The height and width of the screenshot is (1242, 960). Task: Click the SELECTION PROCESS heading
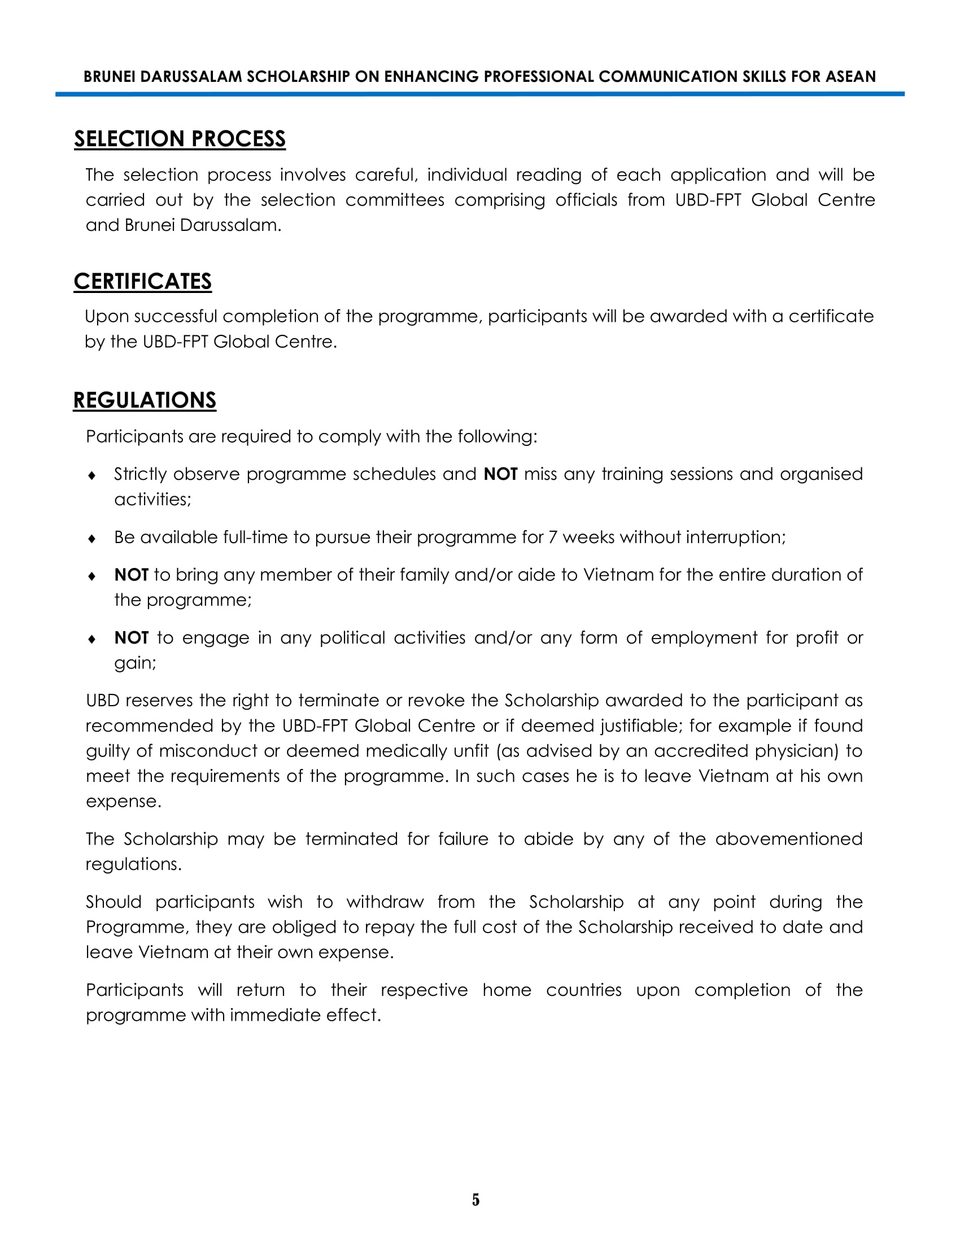[180, 139]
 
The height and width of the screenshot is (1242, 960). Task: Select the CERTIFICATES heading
[143, 282]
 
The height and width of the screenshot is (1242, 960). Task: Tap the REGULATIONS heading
[145, 400]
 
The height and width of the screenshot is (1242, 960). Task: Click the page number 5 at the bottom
[476, 1200]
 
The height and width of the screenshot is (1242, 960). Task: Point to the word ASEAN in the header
[850, 77]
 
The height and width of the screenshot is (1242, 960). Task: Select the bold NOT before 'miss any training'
[500, 474]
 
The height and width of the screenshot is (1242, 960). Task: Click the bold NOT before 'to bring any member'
[132, 575]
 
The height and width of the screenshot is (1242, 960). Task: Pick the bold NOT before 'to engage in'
[132, 638]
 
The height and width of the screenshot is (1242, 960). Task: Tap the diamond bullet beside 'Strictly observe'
[92, 475]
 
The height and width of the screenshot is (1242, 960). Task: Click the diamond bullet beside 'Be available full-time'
[92, 539]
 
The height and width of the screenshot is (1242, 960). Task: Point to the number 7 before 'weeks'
[553, 537]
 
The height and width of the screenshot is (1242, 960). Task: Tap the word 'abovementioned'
[789, 839]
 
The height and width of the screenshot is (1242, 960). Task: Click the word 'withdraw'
[385, 903]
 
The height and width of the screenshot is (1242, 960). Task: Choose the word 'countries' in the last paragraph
[583, 990]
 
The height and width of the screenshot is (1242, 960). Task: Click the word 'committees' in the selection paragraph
[395, 200]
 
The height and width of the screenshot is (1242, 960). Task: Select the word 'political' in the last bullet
[352, 638]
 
